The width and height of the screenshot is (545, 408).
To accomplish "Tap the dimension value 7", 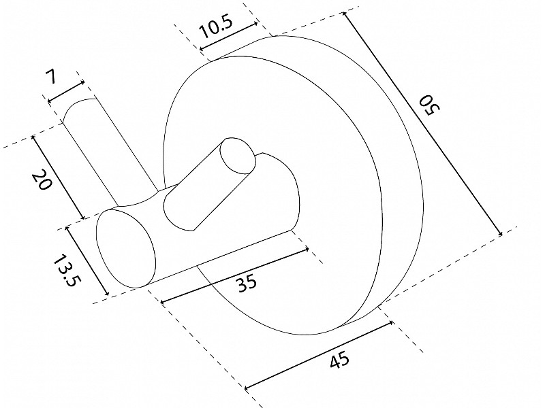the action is [x=50, y=77].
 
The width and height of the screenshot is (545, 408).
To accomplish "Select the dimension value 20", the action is [x=42, y=180].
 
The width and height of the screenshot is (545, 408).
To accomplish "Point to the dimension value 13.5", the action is [x=65, y=271].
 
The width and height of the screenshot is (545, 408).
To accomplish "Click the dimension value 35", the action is [x=247, y=282].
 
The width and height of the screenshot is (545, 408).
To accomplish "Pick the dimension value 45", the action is [x=339, y=360].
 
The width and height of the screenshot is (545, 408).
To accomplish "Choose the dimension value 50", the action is [x=430, y=105].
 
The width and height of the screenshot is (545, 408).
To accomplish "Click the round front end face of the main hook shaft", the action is [x=125, y=248].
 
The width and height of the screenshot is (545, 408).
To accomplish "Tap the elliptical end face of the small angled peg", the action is [x=238, y=156].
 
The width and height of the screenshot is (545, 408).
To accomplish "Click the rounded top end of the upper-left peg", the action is [x=79, y=108].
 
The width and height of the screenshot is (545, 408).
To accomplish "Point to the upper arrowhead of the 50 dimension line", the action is [x=344, y=14].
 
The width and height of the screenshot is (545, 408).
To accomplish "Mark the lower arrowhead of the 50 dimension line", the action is [x=501, y=234].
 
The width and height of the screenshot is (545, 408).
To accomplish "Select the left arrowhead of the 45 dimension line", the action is [x=247, y=388].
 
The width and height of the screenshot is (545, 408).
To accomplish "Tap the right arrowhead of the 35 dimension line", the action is [x=307, y=248].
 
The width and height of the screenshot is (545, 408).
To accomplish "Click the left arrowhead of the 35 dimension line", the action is [x=162, y=302].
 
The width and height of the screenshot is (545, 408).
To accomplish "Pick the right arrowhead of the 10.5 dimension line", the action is [x=256, y=24].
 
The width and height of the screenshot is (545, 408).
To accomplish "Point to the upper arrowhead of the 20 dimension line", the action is [x=33, y=137].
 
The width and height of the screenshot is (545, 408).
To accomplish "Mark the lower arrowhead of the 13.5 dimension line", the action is [x=107, y=294].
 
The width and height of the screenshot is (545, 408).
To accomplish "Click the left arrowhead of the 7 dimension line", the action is [x=49, y=101].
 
